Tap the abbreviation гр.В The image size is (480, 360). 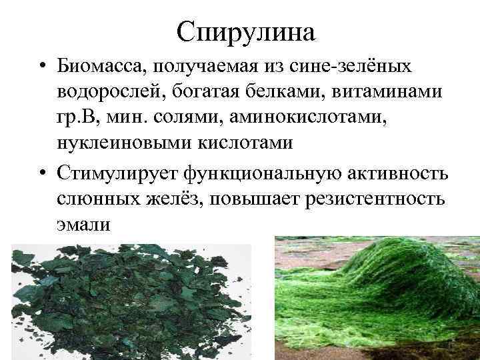76,119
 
